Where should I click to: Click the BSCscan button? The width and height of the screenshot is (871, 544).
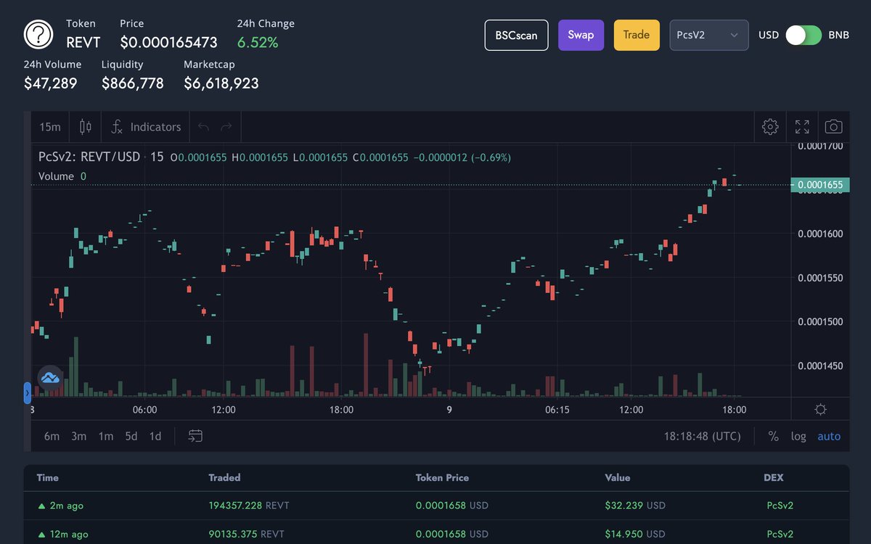click(516, 35)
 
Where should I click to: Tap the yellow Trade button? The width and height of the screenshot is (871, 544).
click(637, 35)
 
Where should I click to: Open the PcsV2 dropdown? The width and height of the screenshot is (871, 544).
click(708, 35)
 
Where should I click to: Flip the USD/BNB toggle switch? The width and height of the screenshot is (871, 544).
click(804, 35)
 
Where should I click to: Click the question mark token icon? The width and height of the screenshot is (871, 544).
click(39, 34)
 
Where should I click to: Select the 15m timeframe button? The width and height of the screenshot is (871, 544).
click(50, 127)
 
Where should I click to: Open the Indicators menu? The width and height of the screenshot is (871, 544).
click(146, 127)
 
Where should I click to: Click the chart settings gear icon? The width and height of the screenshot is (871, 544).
click(770, 127)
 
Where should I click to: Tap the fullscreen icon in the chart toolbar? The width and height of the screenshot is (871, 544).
click(802, 127)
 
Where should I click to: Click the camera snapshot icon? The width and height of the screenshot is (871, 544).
click(834, 127)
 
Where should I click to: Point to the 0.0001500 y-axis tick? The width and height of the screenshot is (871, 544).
click(819, 321)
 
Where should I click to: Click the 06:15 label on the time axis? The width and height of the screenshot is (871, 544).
click(557, 410)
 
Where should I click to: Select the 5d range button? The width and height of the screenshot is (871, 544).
click(131, 436)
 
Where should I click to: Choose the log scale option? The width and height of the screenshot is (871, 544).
click(798, 436)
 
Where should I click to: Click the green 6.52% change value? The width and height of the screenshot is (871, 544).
click(258, 43)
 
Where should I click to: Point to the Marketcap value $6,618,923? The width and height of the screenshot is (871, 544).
click(221, 83)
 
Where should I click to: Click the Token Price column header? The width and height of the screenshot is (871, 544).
click(442, 478)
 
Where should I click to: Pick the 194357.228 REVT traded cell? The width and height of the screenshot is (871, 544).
click(248, 506)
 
